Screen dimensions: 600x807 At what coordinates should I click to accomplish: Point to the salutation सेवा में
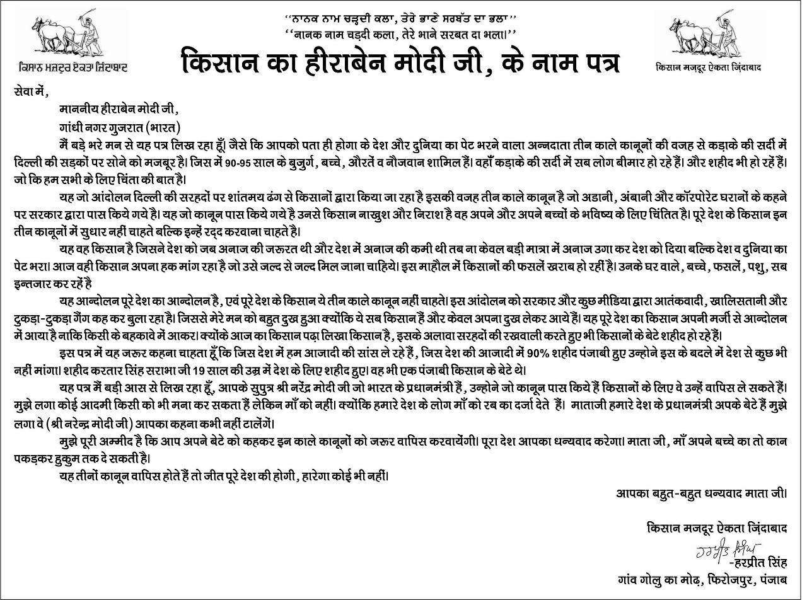pyautogui.click(x=30, y=93)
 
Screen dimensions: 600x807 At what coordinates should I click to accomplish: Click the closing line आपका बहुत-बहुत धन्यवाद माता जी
pyautogui.click(x=701, y=493)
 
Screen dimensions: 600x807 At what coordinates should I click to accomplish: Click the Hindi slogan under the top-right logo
pyautogui.click(x=708, y=67)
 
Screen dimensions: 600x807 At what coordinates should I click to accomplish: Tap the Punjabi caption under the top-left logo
pyautogui.click(x=73, y=67)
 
